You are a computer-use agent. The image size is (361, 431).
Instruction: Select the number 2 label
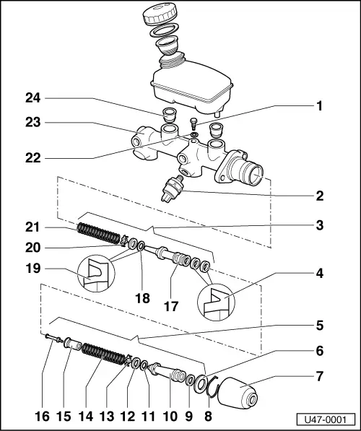coord(318,195)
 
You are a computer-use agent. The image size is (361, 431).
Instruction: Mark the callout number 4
coord(318,274)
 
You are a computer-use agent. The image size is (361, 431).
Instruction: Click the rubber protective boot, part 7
coord(238,396)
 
